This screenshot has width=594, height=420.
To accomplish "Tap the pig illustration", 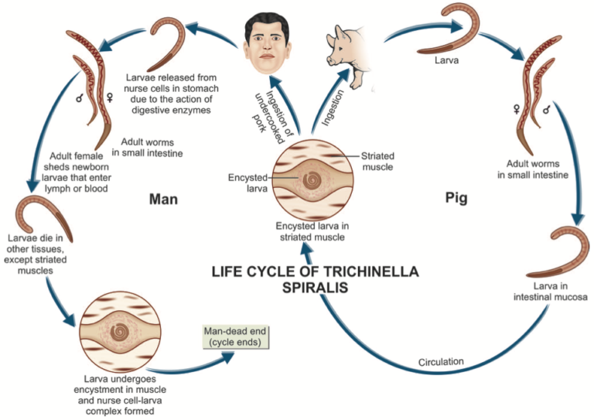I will [349, 52].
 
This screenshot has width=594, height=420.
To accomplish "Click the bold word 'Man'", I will [163, 200].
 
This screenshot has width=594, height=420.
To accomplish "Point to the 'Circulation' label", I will [441, 361].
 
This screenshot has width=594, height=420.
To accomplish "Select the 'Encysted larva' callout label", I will [246, 182].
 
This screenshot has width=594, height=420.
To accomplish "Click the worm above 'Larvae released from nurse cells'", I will [171, 43].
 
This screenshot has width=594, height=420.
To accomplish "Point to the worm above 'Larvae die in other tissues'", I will [42, 214].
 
